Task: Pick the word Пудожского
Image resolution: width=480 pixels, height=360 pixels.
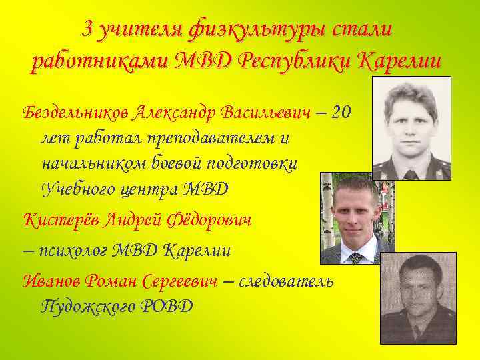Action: click(x=92, y=307)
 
